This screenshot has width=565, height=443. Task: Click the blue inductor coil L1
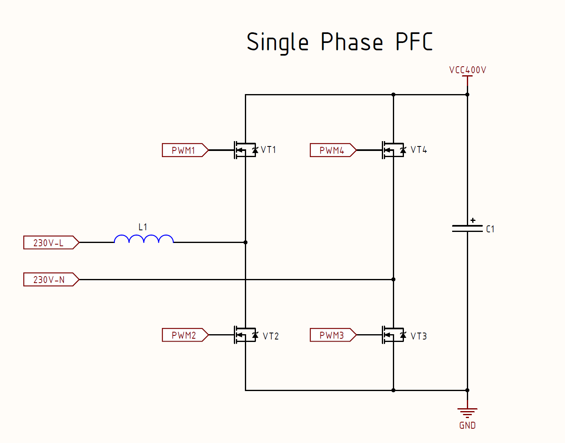coord(143,239)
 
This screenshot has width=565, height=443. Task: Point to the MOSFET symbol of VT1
coord(245,150)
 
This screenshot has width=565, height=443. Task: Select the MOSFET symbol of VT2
coord(245,335)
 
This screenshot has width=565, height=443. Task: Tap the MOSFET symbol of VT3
coord(393,335)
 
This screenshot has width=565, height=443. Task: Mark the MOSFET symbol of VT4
coord(393,150)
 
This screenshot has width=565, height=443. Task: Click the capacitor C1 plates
coord(467,228)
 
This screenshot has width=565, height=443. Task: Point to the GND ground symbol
coord(467,412)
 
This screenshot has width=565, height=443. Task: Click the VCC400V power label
coord(467,70)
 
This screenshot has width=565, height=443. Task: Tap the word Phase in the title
coord(352,42)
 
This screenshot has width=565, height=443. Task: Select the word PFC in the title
coord(414,42)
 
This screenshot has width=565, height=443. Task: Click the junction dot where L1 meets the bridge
coord(245,242)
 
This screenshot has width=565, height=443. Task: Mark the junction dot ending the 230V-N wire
coord(393,279)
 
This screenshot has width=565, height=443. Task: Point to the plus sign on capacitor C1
coord(473,220)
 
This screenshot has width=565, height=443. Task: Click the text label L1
coord(143,227)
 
